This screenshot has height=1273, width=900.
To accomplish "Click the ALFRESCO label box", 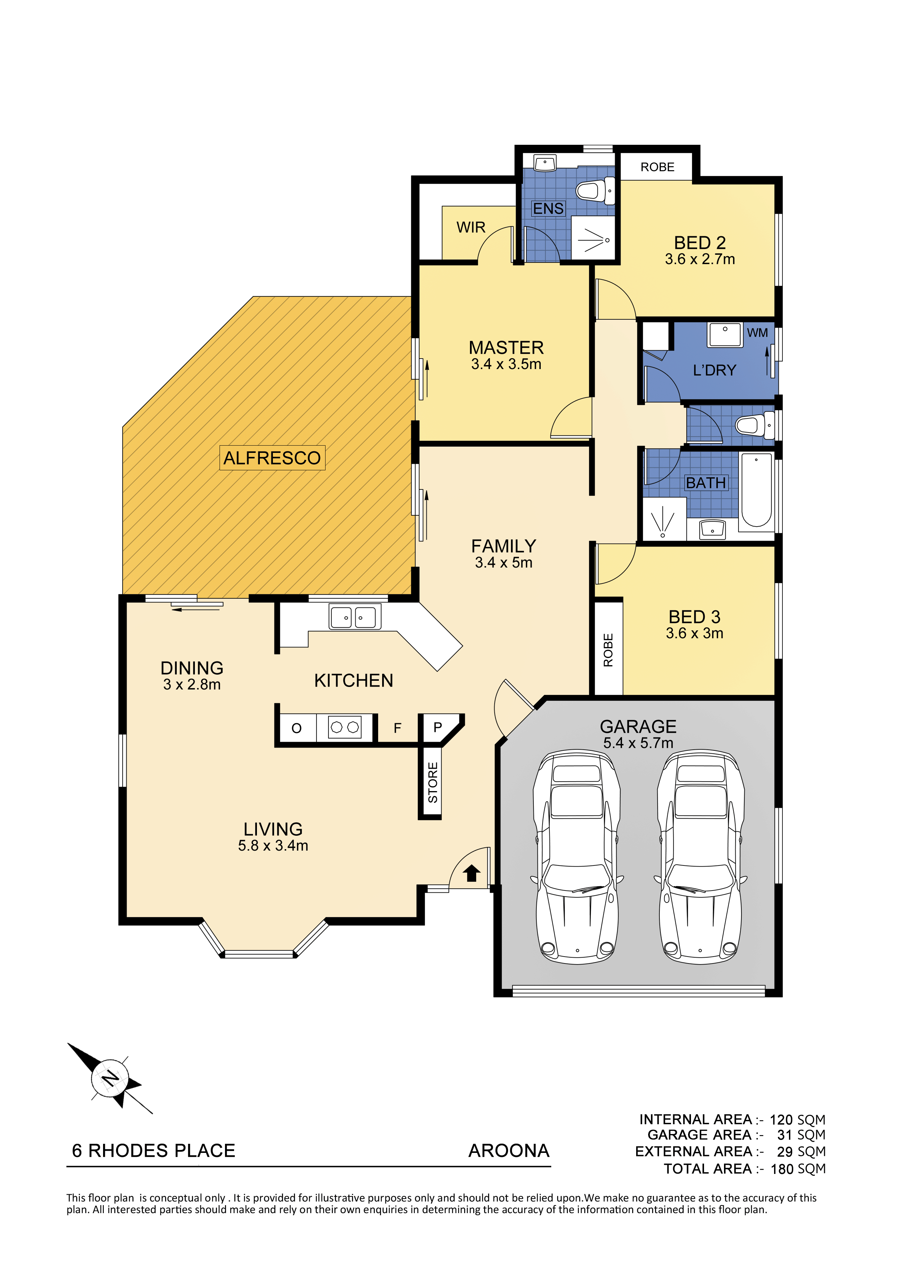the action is coord(272,458).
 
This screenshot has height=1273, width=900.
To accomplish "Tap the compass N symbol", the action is coord(110,1079).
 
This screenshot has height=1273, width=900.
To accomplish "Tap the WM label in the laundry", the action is coord(757,333).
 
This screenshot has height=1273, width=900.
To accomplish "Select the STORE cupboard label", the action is coord(433,782).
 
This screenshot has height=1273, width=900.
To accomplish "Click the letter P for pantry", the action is coord(438,727).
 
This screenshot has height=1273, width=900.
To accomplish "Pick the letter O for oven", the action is coord(296,728).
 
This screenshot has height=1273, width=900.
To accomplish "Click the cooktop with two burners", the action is coord(344,727).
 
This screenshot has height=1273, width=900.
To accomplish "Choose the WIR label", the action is coord(471,227).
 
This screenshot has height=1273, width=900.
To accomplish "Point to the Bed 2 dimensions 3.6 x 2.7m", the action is coord(700,259).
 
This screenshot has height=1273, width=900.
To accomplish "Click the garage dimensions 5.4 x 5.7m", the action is coord(638,743).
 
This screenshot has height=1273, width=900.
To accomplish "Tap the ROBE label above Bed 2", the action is coord(657,167).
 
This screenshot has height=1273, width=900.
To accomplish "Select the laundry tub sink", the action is coord(725,335).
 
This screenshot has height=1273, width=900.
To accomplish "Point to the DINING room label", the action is coord(192,668).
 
